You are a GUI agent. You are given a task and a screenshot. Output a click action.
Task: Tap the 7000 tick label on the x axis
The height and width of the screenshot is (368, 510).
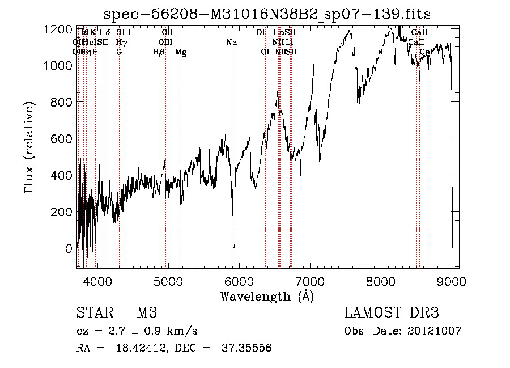pos(311,280)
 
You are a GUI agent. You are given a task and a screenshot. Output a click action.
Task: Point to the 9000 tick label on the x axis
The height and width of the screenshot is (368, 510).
pos(452,280)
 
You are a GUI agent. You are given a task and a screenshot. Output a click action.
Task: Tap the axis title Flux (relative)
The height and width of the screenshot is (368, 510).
pos(29,148)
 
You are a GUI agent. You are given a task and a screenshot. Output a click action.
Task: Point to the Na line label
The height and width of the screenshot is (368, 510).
pos(231,43)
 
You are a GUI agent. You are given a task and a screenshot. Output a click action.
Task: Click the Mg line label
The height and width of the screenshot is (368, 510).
pos(181,52)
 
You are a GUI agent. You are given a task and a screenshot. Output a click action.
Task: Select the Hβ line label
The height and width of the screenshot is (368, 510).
pos(159,52)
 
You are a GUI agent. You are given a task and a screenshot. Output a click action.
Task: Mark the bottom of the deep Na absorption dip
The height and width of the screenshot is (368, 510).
pos(233,246)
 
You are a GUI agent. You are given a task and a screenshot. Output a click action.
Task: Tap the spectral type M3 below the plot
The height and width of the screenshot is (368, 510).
pos(147,314)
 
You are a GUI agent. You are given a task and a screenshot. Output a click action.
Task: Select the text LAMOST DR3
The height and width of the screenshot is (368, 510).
pos(391,314)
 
